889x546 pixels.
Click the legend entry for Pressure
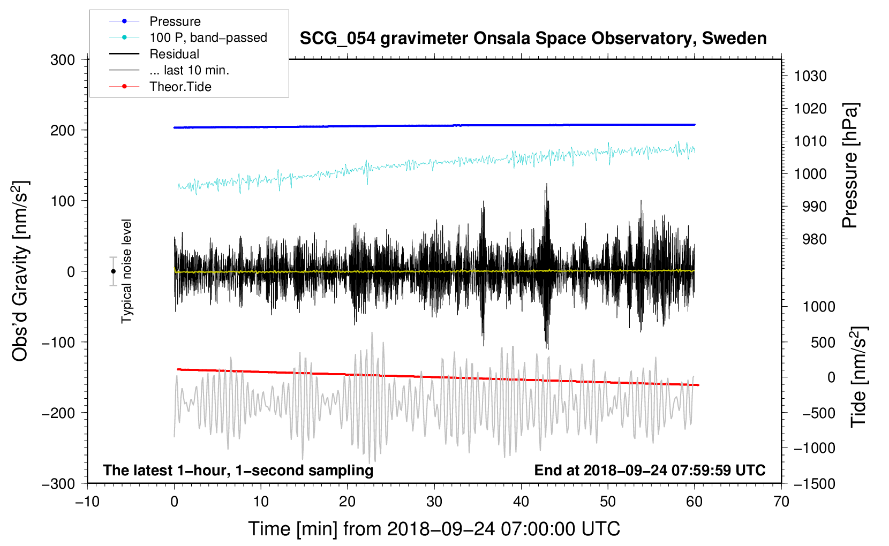coord(175,21)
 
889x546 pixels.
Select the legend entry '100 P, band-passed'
coord(208,37)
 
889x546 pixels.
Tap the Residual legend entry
coord(174,54)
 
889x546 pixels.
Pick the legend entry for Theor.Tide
coord(180,87)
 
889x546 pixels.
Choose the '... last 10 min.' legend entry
coord(189,70)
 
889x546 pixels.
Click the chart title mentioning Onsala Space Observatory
coord(533,39)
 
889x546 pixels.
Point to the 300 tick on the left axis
coord(63,60)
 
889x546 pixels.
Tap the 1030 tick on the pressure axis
coord(810,76)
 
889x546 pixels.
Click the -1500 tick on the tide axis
coord(814,483)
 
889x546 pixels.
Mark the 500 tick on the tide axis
coord(823,342)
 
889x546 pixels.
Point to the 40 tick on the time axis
coord(521,502)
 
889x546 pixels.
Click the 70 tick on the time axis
coord(781,502)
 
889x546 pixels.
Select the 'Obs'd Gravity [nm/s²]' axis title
coord(20,271)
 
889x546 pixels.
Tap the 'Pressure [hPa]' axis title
coord(850,165)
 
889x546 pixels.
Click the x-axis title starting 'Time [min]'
coord(434,529)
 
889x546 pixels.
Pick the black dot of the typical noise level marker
coord(113,271)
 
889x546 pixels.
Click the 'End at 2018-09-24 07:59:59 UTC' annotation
coord(650,470)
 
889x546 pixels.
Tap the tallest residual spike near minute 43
coord(546,185)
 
